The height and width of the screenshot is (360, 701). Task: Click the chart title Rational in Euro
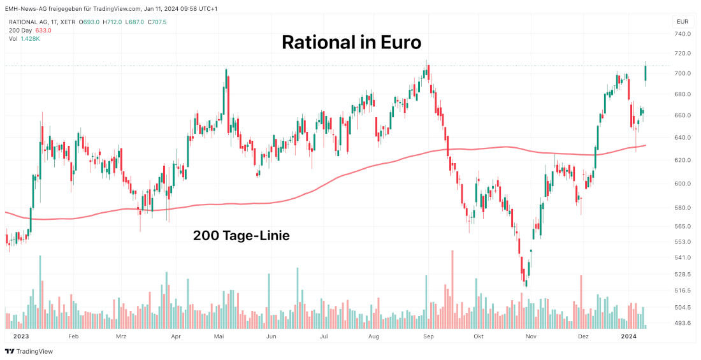pyautogui.click(x=351, y=43)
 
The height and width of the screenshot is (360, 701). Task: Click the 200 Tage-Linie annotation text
pyautogui.click(x=241, y=236)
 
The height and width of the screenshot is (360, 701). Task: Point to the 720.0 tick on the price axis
pyautogui.click(x=683, y=53)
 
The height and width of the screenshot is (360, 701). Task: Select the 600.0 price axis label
pyautogui.click(x=683, y=184)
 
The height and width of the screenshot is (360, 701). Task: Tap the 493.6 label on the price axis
pyautogui.click(x=683, y=323)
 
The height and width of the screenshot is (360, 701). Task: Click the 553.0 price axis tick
pyautogui.click(x=683, y=241)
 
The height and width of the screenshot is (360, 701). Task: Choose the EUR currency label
pyautogui.click(x=681, y=22)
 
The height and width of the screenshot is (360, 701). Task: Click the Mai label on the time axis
pyautogui.click(x=219, y=336)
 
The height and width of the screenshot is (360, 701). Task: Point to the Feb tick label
pyautogui.click(x=73, y=336)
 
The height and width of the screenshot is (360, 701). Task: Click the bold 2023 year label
pyautogui.click(x=22, y=336)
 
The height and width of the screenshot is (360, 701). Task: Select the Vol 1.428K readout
pyautogui.click(x=25, y=38)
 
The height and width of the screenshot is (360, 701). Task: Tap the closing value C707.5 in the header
pyautogui.click(x=157, y=22)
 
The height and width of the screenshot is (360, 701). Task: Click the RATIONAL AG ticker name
pyautogui.click(x=30, y=22)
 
